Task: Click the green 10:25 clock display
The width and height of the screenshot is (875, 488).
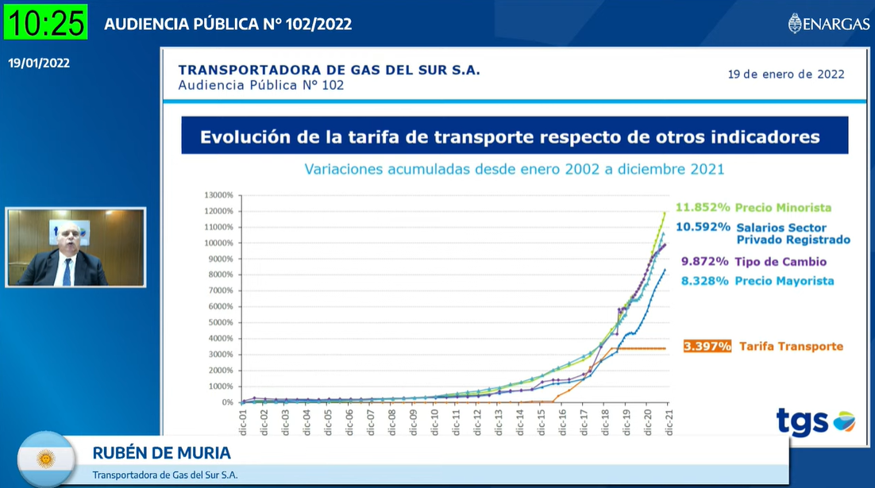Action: pyautogui.click(x=45, y=22)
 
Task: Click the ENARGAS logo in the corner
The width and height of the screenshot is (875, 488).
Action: pyautogui.click(x=828, y=24)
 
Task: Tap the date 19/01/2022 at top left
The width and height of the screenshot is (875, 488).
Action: pyautogui.click(x=39, y=63)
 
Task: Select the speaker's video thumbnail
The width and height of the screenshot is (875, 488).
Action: pyautogui.click(x=75, y=248)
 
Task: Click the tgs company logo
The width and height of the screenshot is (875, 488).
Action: pyautogui.click(x=815, y=421)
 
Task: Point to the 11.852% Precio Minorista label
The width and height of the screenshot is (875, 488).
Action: pyautogui.click(x=753, y=208)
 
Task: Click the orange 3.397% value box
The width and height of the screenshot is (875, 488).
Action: pyautogui.click(x=707, y=346)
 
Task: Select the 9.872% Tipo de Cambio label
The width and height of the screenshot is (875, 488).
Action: pyautogui.click(x=754, y=262)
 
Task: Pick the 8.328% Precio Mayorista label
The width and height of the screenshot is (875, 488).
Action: pyautogui.click(x=757, y=281)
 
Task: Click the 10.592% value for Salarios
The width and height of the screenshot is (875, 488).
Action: pyautogui.click(x=703, y=226)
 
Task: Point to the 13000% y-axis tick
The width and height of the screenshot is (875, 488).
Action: pyautogui.click(x=218, y=195)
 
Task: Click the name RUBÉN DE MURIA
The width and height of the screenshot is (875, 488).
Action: pyautogui.click(x=161, y=453)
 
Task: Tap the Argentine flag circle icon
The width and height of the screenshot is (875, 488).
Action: pyautogui.click(x=46, y=459)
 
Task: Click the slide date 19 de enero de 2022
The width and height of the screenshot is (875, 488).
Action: pyautogui.click(x=785, y=75)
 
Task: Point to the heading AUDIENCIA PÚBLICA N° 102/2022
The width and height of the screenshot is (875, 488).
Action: pyautogui.click(x=228, y=24)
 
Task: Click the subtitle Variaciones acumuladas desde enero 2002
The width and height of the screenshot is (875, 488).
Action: pyautogui.click(x=514, y=169)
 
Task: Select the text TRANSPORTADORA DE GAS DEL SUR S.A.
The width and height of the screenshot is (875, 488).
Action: pyautogui.click(x=329, y=70)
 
